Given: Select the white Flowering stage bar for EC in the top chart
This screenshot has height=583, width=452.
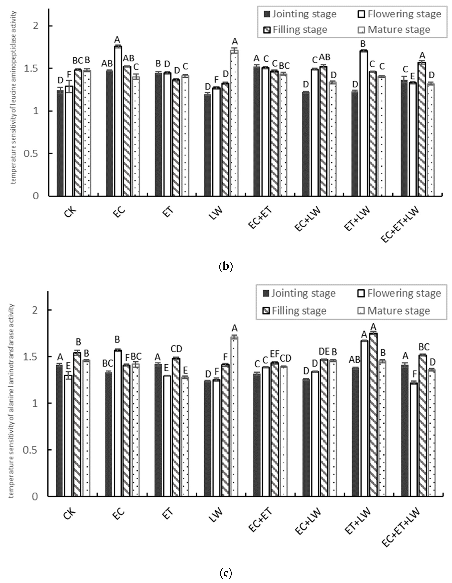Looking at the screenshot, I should pos(118,121).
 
